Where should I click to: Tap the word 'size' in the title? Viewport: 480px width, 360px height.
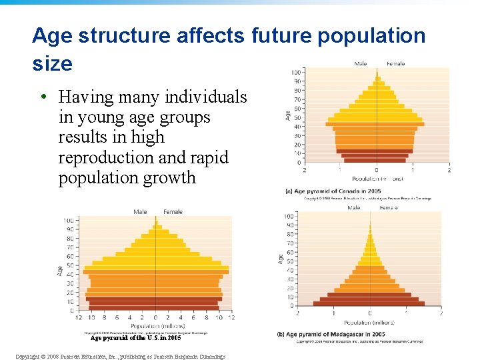(x=52, y=64)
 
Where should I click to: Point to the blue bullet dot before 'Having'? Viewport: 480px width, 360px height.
(x=42, y=97)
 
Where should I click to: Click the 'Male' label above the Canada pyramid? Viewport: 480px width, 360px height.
(x=360, y=64)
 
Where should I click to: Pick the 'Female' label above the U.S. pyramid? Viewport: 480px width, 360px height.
(x=173, y=212)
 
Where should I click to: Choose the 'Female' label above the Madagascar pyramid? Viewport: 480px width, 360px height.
(x=389, y=208)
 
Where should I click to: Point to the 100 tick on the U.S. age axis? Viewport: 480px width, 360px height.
(x=69, y=221)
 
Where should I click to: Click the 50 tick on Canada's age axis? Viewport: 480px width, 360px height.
(x=297, y=117)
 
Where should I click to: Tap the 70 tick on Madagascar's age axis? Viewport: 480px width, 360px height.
(x=289, y=243)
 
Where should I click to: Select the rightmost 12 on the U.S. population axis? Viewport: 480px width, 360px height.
(x=231, y=317)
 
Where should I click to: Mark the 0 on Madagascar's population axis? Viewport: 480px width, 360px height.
(x=370, y=313)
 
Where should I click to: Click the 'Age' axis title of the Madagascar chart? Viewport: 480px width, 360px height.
(x=280, y=259)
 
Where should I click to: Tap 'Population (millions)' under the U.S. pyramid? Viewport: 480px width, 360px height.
(x=155, y=326)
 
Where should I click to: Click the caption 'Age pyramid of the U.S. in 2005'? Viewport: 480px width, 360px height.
(x=135, y=338)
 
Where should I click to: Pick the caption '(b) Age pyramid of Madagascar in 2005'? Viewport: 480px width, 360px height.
(x=339, y=333)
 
